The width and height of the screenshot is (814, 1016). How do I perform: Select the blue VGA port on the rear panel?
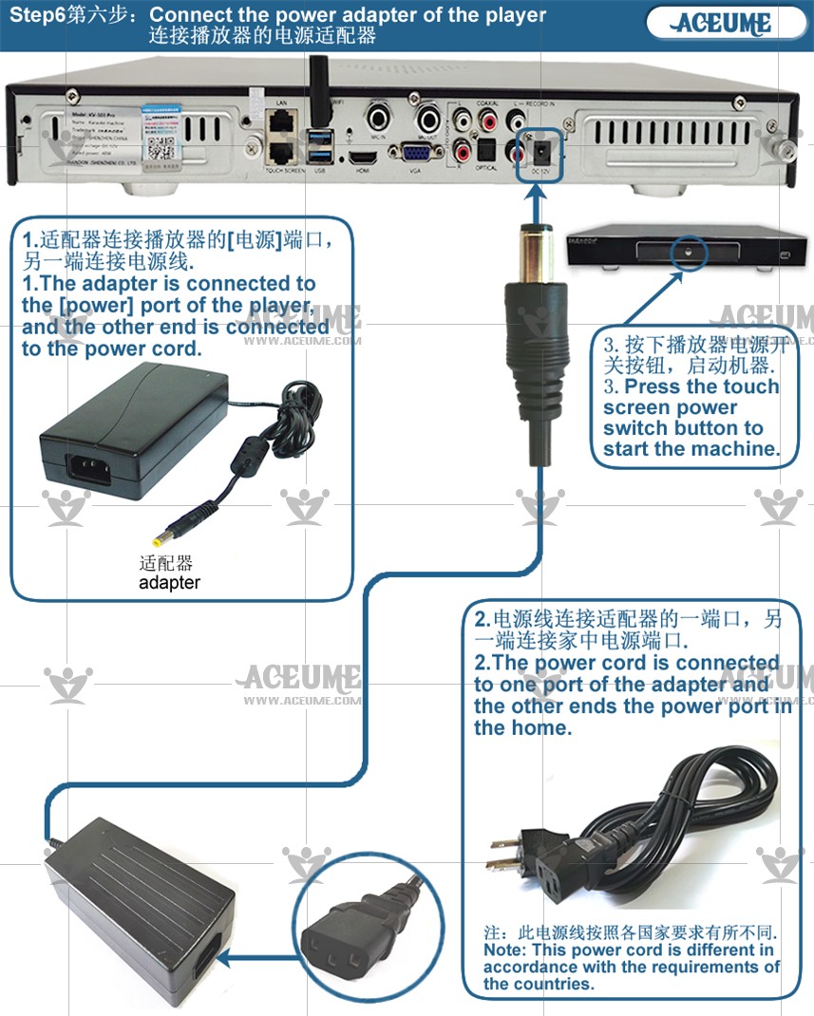point(413,154)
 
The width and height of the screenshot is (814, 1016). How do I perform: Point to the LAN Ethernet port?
point(281,121)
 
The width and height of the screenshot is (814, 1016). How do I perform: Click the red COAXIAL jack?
point(490,122)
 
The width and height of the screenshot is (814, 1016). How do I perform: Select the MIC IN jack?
point(381,120)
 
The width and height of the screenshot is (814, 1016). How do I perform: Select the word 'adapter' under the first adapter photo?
point(169,582)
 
